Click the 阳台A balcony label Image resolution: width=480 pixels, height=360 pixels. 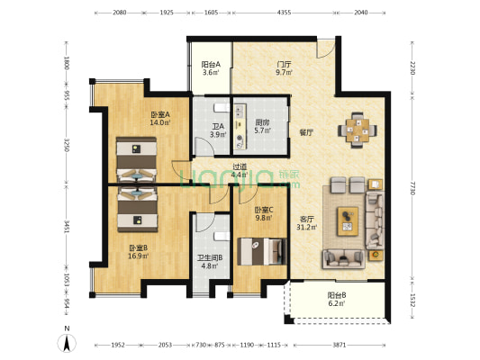pos(211,65)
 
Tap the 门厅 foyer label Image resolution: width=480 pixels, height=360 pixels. pos(284,65)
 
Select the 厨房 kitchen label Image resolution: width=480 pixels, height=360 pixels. pos(263,122)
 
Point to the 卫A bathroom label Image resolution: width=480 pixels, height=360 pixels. pos(218,126)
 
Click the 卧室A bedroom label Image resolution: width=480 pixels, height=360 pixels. pos(160,114)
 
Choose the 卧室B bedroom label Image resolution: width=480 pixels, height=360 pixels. pos(139,247)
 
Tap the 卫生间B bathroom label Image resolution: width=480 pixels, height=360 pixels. pos(210,257)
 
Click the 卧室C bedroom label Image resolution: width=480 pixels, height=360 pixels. pos(264,210)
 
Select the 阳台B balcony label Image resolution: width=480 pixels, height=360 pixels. pos(337,295)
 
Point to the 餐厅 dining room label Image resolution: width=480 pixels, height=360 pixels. pos(306,132)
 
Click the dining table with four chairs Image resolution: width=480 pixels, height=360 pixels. pos(358,130)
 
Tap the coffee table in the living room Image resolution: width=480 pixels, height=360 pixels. pos(348,221)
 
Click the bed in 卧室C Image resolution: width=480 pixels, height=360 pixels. pos(262,251)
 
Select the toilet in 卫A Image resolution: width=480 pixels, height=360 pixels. pos(222,108)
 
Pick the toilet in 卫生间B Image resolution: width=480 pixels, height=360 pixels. pos(222,236)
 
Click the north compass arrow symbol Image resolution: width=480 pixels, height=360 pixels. pos(67,343)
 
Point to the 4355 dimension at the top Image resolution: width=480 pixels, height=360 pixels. pos(284,13)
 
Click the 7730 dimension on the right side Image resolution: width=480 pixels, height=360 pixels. pos(412,188)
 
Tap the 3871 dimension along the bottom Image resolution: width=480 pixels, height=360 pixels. pos(340,345)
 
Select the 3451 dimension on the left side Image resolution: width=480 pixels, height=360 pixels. pos(67,226)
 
